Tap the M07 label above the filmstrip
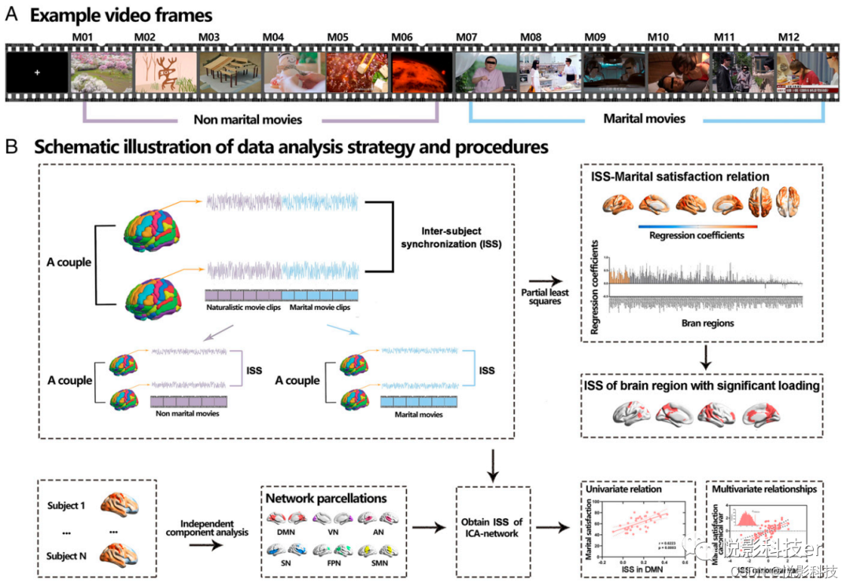point(468,36)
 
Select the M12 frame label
point(789,36)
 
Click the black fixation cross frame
point(36,72)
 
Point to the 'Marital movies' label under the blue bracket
point(645,119)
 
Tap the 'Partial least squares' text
point(545,296)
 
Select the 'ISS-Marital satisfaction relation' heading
point(680,176)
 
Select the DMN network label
point(285,532)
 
